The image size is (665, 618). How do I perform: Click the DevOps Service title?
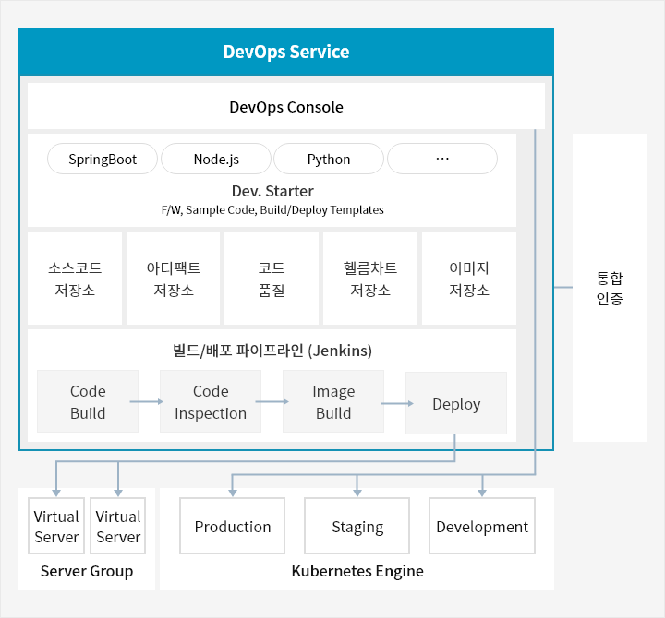(x=286, y=52)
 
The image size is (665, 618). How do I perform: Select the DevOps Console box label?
(x=286, y=107)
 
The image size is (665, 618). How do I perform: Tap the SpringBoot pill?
(x=103, y=159)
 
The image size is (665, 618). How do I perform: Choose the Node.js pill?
(x=216, y=159)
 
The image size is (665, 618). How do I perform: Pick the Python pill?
(x=329, y=159)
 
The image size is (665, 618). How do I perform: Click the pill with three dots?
(x=442, y=159)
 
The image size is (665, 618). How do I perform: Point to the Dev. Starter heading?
(x=272, y=191)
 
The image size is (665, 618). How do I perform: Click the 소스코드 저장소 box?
(x=75, y=279)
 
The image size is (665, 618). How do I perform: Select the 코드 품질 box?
(x=272, y=279)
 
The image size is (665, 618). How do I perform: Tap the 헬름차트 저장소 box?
(x=370, y=279)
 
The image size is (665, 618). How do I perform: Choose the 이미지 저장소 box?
(x=469, y=279)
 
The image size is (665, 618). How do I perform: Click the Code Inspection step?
(x=211, y=401)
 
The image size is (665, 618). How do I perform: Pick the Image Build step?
(x=333, y=401)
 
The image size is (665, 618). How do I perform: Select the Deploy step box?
(x=456, y=403)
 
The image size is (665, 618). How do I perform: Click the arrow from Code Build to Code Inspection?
(x=146, y=401)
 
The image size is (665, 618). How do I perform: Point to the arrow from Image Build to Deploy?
(x=397, y=403)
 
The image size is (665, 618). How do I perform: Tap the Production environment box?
(x=233, y=526)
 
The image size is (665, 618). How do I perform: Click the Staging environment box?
(x=357, y=526)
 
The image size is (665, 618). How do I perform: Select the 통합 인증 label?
(x=610, y=289)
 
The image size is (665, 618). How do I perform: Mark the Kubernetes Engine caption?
(x=357, y=571)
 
